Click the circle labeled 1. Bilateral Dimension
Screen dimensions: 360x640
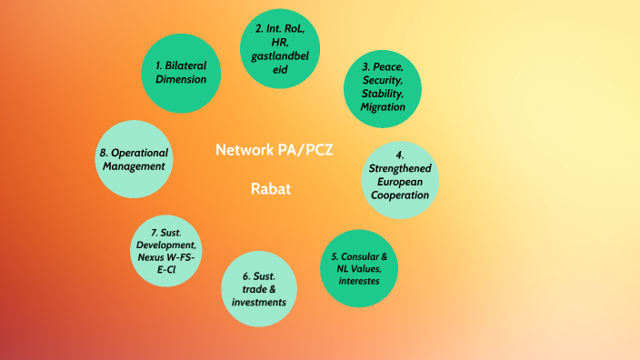click(x=181, y=72)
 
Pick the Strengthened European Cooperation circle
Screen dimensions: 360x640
click(x=400, y=175)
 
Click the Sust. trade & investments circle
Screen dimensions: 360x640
click(x=259, y=289)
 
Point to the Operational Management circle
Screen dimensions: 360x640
click(x=133, y=159)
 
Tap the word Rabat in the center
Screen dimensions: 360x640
click(x=270, y=190)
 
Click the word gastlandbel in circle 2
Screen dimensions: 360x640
click(x=281, y=55)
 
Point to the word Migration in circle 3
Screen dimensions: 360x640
click(x=382, y=106)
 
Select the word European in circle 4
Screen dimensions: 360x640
click(x=400, y=181)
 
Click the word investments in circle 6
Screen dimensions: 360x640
click(x=259, y=302)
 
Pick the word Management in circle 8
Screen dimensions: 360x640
click(x=134, y=165)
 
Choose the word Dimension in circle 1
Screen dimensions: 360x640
click(x=181, y=79)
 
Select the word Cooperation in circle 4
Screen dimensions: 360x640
click(x=400, y=194)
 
